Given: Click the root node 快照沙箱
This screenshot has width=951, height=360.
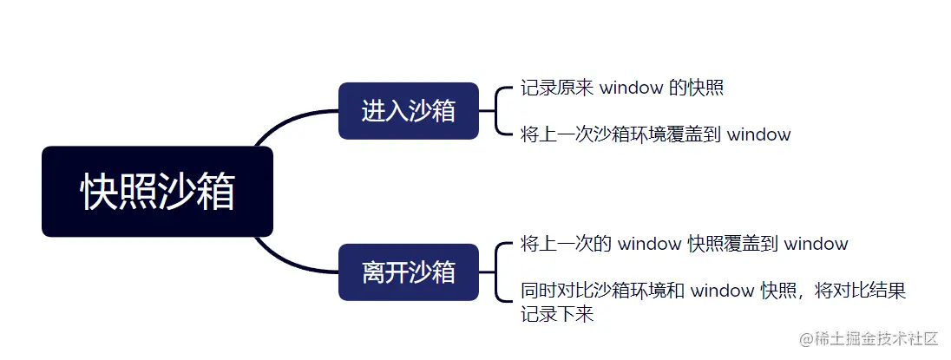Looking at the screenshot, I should pyautogui.click(x=157, y=192).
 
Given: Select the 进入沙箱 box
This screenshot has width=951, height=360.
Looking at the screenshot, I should pyautogui.click(x=408, y=111).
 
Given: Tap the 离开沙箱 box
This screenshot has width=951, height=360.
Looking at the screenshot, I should pyautogui.click(x=408, y=272).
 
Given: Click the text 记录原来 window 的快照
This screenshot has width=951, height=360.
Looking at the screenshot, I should pyautogui.click(x=622, y=88).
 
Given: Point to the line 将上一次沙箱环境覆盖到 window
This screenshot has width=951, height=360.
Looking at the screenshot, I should pyautogui.click(x=656, y=134).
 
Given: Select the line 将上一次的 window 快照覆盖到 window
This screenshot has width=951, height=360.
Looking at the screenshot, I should pyautogui.click(x=685, y=244).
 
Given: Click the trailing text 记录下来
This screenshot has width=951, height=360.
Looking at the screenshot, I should pyautogui.click(x=557, y=314).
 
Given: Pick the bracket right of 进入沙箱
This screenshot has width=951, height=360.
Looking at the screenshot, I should pyautogui.click(x=496, y=111).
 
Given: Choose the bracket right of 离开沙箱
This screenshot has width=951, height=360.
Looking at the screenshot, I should pyautogui.click(x=496, y=272).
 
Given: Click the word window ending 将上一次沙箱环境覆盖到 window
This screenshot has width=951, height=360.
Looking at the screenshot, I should pyautogui.click(x=758, y=134).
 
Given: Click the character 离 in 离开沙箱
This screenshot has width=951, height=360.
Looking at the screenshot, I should pyautogui.click(x=373, y=272).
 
